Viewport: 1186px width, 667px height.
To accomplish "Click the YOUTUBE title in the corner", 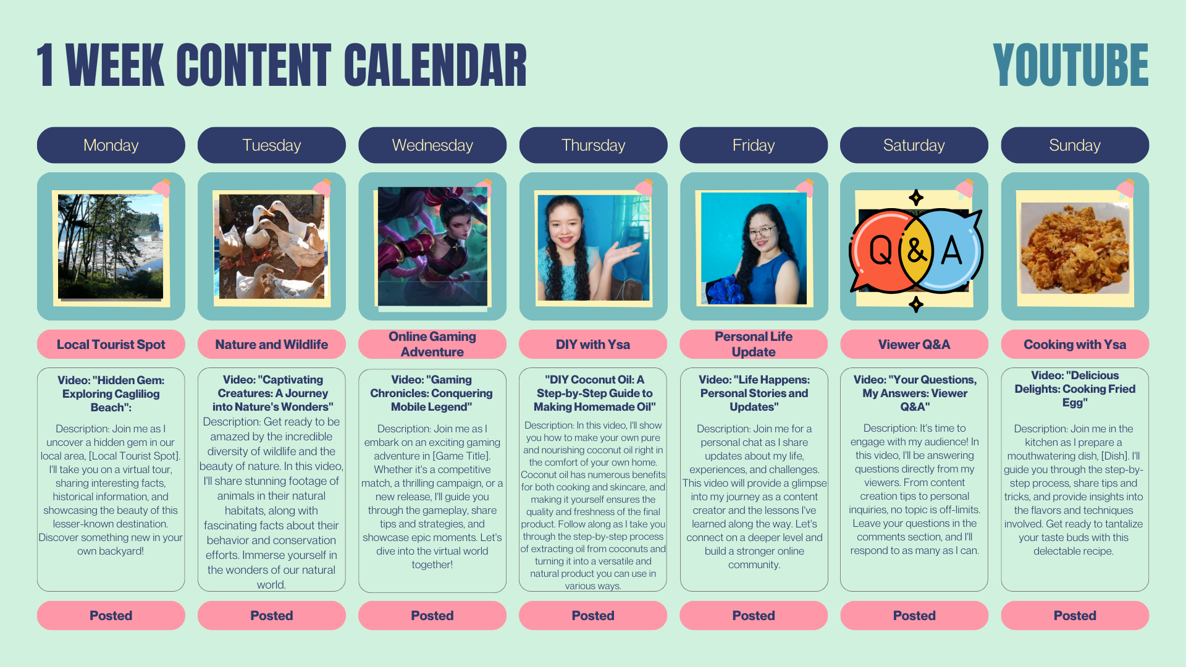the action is pyautogui.click(x=1070, y=65).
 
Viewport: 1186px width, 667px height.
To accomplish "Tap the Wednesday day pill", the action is pyautogui.click(x=432, y=145).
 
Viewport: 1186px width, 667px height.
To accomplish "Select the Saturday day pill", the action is pyautogui.click(x=914, y=145).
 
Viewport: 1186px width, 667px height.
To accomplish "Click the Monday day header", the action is pyautogui.click(x=111, y=145).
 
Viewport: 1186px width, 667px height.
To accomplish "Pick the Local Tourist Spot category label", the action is pyautogui.click(x=111, y=344).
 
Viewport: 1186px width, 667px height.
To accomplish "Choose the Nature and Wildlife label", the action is pyautogui.click(x=272, y=344).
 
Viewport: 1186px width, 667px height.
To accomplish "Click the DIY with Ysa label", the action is pyautogui.click(x=593, y=344).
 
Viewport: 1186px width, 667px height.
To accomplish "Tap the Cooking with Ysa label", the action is pyautogui.click(x=1075, y=344).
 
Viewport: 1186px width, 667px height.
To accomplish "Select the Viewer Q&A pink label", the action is pyautogui.click(x=914, y=344).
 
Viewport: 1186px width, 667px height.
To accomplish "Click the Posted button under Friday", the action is pyautogui.click(x=754, y=615).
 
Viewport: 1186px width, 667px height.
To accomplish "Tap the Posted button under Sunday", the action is pyautogui.click(x=1075, y=615).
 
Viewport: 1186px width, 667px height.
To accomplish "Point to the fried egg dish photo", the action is pyautogui.click(x=1075, y=248).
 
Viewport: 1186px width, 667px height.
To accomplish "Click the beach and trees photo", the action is pyautogui.click(x=111, y=247).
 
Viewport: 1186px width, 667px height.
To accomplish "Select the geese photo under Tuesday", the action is pyautogui.click(x=272, y=246).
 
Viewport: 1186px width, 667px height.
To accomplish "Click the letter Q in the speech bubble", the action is pyautogui.click(x=880, y=250).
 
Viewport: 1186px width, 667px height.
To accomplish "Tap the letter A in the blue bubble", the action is pyautogui.click(x=951, y=250).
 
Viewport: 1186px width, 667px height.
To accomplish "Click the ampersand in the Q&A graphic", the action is pyautogui.click(x=916, y=251).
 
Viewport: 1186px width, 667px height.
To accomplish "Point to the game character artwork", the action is pyautogui.click(x=432, y=246).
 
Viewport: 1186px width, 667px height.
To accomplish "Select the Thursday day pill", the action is pyautogui.click(x=593, y=145).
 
